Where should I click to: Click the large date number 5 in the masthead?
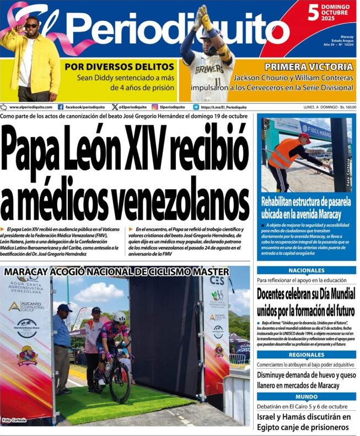coord(313,12)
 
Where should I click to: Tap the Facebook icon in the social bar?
coord(61,107)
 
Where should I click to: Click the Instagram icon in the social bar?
coord(155,107)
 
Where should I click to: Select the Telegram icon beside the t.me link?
coord(196,107)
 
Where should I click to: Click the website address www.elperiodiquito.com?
coord(30,107)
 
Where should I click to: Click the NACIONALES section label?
coord(306,270)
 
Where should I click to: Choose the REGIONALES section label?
coord(306,355)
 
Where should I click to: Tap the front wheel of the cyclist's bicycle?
coord(120,380)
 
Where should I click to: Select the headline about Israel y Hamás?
coord(304,422)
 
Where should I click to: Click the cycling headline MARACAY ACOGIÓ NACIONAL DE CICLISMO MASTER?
coord(116,272)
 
